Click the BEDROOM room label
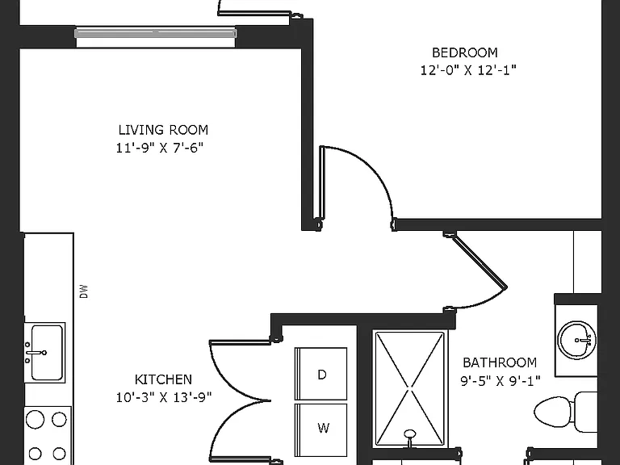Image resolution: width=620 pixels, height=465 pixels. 465,52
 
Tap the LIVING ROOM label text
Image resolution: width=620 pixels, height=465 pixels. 163,130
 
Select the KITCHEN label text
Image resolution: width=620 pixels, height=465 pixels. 163,379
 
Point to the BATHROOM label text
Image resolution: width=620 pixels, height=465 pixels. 500,362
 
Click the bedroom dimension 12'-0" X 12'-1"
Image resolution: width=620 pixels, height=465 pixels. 468,70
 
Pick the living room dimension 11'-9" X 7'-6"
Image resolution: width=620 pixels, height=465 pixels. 160,148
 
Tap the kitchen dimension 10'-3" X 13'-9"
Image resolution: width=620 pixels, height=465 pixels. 164,397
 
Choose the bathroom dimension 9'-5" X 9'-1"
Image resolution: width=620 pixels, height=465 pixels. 501,381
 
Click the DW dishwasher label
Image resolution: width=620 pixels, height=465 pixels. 83,291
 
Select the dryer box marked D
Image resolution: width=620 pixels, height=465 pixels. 321,374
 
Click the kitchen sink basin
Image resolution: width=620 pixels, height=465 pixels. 47,352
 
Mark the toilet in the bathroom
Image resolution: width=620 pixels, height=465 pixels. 566,412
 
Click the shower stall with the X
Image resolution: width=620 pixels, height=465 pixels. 409,389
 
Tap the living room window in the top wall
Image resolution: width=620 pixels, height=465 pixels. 156,33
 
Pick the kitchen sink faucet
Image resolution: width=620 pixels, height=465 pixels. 36,352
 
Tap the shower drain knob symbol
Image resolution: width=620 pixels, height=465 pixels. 410,435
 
